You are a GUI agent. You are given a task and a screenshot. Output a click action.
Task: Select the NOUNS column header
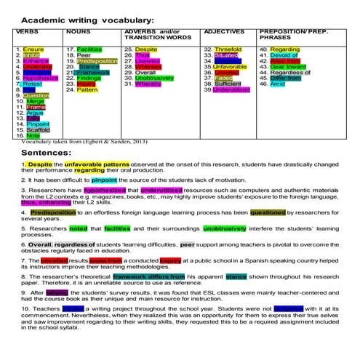[78, 33]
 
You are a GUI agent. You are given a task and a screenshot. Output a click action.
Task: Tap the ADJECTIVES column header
[224, 33]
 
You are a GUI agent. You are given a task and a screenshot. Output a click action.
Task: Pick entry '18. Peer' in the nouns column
[79, 55]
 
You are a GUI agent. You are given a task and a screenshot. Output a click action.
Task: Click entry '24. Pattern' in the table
[82, 90]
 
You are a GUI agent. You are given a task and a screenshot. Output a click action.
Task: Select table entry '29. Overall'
[141, 73]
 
